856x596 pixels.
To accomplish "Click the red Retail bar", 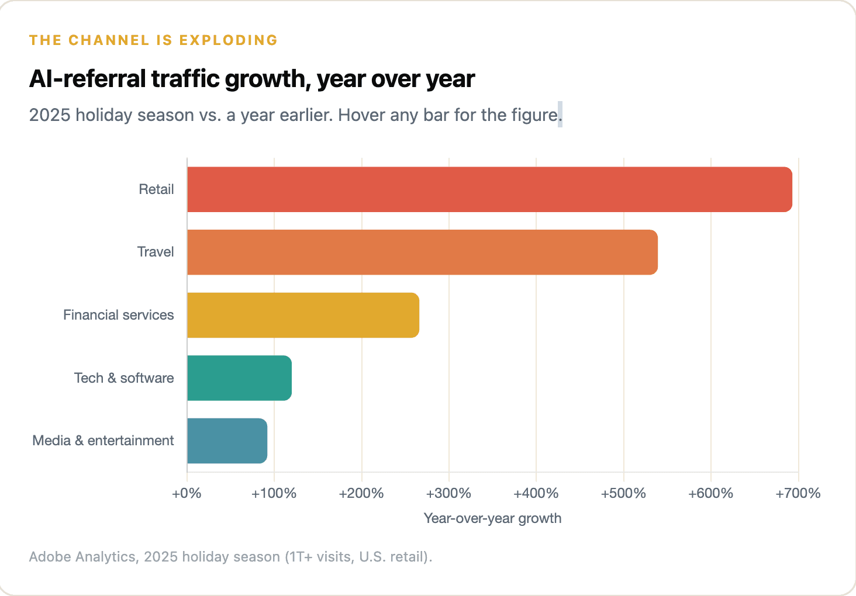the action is click(489, 189).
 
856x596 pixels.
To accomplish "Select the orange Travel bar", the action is click(422, 252).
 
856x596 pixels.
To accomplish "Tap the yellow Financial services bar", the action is click(303, 316).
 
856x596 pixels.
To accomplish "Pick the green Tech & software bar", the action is click(239, 378).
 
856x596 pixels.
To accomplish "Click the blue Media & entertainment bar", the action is click(227, 441).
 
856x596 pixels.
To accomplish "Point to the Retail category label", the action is click(156, 189).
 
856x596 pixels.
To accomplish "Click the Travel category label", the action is click(156, 252).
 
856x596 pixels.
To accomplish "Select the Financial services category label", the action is click(119, 315).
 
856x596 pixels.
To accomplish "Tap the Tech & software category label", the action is click(124, 378).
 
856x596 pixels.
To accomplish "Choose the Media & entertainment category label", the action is click(103, 441).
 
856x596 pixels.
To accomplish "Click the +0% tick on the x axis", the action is click(187, 493).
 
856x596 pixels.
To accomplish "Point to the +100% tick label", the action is click(274, 493).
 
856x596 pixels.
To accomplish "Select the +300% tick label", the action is click(448, 493).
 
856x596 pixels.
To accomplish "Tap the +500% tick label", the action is click(624, 493).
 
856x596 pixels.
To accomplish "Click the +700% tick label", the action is click(798, 493).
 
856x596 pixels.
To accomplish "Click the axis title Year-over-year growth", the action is click(492, 518).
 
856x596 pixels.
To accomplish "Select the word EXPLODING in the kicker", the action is click(229, 40).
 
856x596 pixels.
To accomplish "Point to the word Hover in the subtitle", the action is click(361, 115).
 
